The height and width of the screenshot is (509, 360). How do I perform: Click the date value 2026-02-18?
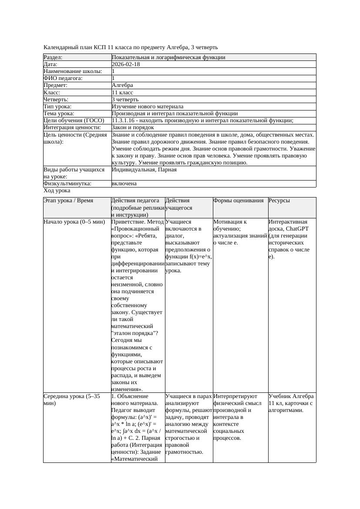point(126,64)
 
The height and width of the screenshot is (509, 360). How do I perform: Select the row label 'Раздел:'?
point(53,57)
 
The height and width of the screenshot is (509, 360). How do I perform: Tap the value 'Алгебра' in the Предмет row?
point(122,85)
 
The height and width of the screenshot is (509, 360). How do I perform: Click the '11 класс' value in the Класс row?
point(122,92)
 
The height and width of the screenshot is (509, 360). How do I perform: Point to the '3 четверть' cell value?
point(125,99)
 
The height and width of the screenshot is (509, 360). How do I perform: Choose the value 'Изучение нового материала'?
point(147,106)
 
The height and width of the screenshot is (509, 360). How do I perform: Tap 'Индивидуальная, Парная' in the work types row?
point(144,170)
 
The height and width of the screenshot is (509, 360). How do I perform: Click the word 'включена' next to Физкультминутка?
point(124,184)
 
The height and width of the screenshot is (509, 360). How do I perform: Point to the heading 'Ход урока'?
point(57,191)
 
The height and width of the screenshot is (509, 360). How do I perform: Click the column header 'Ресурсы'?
point(279,201)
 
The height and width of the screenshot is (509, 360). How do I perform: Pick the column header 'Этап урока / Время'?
point(71,201)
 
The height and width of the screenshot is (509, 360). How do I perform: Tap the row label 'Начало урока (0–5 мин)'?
point(74,222)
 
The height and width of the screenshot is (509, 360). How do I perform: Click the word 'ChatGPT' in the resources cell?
point(297,229)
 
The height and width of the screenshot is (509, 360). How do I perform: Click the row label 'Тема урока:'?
point(59,113)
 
